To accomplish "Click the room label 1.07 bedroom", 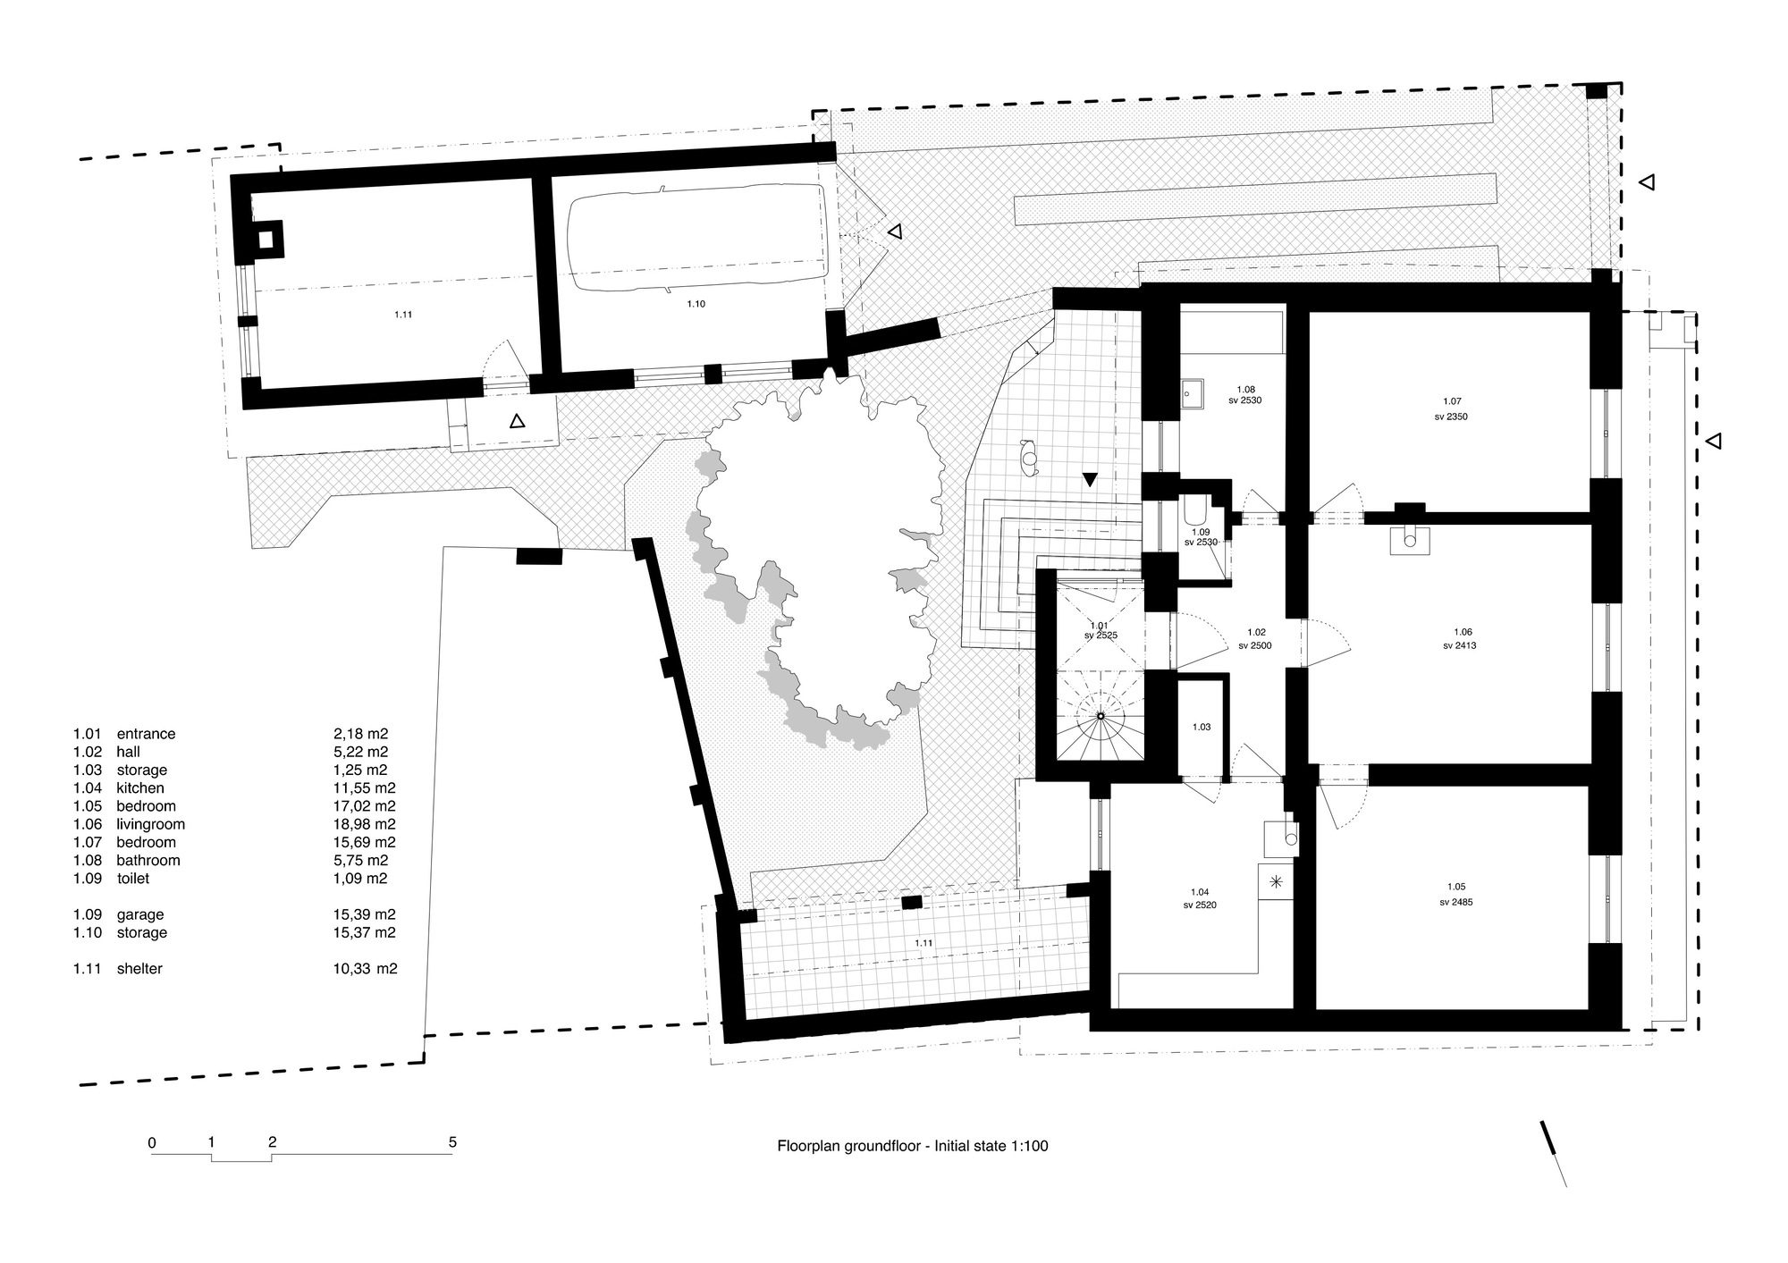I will (x=1451, y=401).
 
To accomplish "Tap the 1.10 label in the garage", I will (x=696, y=304).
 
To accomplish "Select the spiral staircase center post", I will (x=1101, y=716).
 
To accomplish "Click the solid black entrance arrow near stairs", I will (x=1089, y=479).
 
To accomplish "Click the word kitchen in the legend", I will (x=139, y=788).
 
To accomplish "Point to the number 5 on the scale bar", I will (x=452, y=1141).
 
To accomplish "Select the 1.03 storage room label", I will (x=1201, y=727).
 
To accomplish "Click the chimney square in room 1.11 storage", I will (x=266, y=240).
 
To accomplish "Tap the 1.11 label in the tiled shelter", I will (x=923, y=943).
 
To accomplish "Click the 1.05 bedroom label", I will (x=1455, y=887).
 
